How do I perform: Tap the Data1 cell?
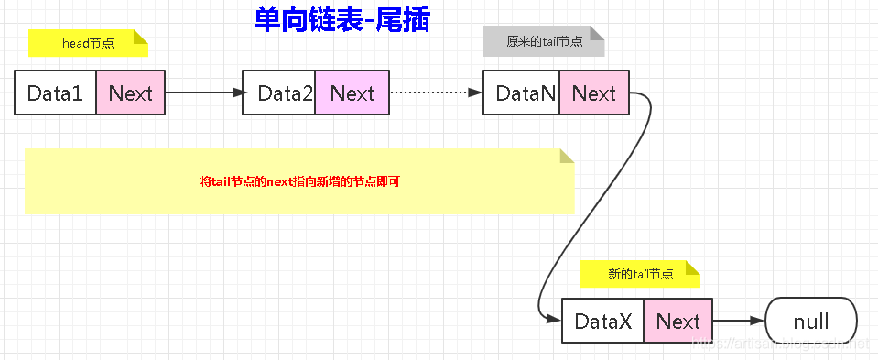(x=56, y=93)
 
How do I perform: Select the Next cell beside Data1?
(x=130, y=93)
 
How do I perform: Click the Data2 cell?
(x=279, y=93)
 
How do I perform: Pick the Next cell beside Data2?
(x=352, y=93)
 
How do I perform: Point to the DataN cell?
(x=521, y=93)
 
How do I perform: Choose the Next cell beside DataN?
(x=594, y=93)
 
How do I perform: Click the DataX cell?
(x=602, y=322)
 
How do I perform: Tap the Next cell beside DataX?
(x=677, y=322)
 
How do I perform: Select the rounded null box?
(x=810, y=322)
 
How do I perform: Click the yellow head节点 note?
(x=87, y=43)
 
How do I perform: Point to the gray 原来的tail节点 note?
(x=543, y=41)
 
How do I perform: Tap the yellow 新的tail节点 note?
(x=639, y=274)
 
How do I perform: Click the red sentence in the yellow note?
(x=299, y=181)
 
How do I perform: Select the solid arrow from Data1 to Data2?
(x=203, y=93)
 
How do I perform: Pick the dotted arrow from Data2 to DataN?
(x=436, y=93)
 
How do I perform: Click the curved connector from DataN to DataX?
(x=595, y=202)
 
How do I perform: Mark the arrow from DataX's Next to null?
(x=738, y=322)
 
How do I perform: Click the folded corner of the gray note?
(x=597, y=33)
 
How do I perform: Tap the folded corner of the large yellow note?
(x=566, y=156)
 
